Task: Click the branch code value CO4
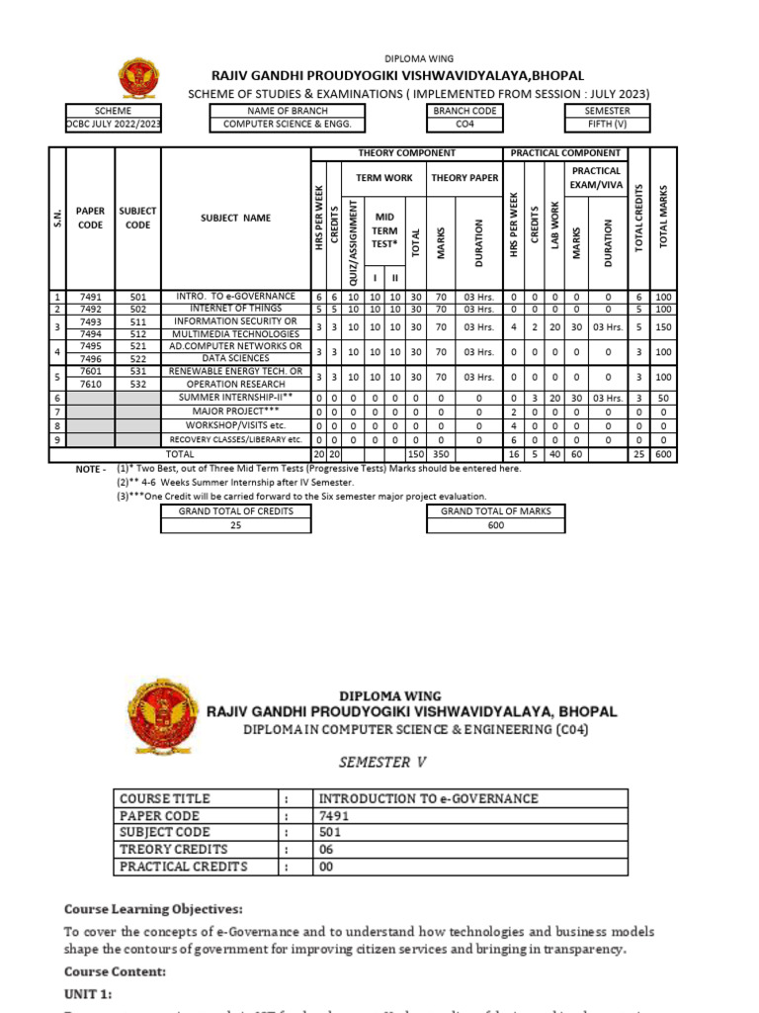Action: pos(464,125)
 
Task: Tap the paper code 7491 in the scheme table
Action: pos(91,296)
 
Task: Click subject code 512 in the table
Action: pos(137,333)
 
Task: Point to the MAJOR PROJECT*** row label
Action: pos(234,411)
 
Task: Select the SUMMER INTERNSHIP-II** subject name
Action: pos(234,398)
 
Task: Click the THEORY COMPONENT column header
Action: pos(406,153)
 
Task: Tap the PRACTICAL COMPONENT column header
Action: pos(564,153)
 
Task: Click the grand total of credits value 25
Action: pos(235,525)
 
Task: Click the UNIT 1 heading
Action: pos(89,990)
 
